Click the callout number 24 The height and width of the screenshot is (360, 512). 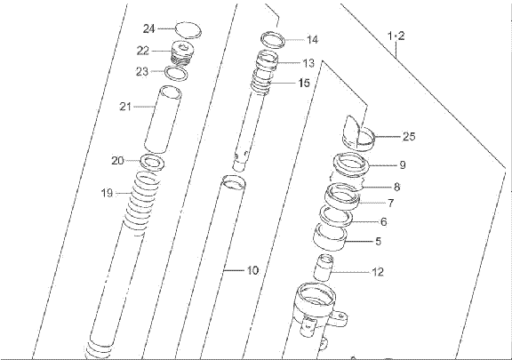tap(148, 28)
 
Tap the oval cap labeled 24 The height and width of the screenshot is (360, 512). tap(188, 30)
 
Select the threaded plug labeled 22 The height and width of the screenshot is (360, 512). tap(184, 53)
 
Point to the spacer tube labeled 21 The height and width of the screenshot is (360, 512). tap(163, 119)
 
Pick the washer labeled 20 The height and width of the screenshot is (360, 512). tap(152, 163)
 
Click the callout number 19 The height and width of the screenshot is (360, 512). tap(107, 193)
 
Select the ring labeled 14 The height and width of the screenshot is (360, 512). tap(273, 40)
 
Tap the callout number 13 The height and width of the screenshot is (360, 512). tap(308, 63)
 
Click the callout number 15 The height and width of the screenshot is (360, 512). tap(304, 83)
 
